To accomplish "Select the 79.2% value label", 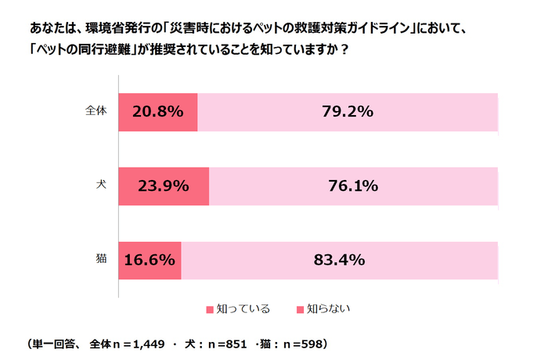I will [x=348, y=112].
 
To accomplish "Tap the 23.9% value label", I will [x=164, y=186].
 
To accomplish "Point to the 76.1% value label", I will [x=353, y=186].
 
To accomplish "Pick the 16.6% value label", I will [x=150, y=261].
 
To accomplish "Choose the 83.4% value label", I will [x=340, y=261].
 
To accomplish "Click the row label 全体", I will [x=95, y=111].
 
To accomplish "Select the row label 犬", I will [x=101, y=185].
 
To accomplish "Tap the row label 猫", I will [x=101, y=260].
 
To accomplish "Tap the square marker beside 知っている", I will [x=209, y=309].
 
